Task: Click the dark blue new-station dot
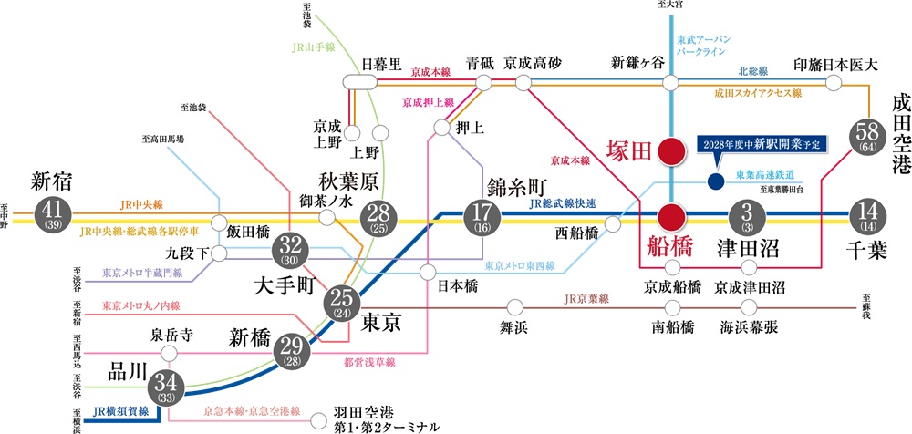coord(715,181)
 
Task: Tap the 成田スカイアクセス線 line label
coord(758,93)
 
